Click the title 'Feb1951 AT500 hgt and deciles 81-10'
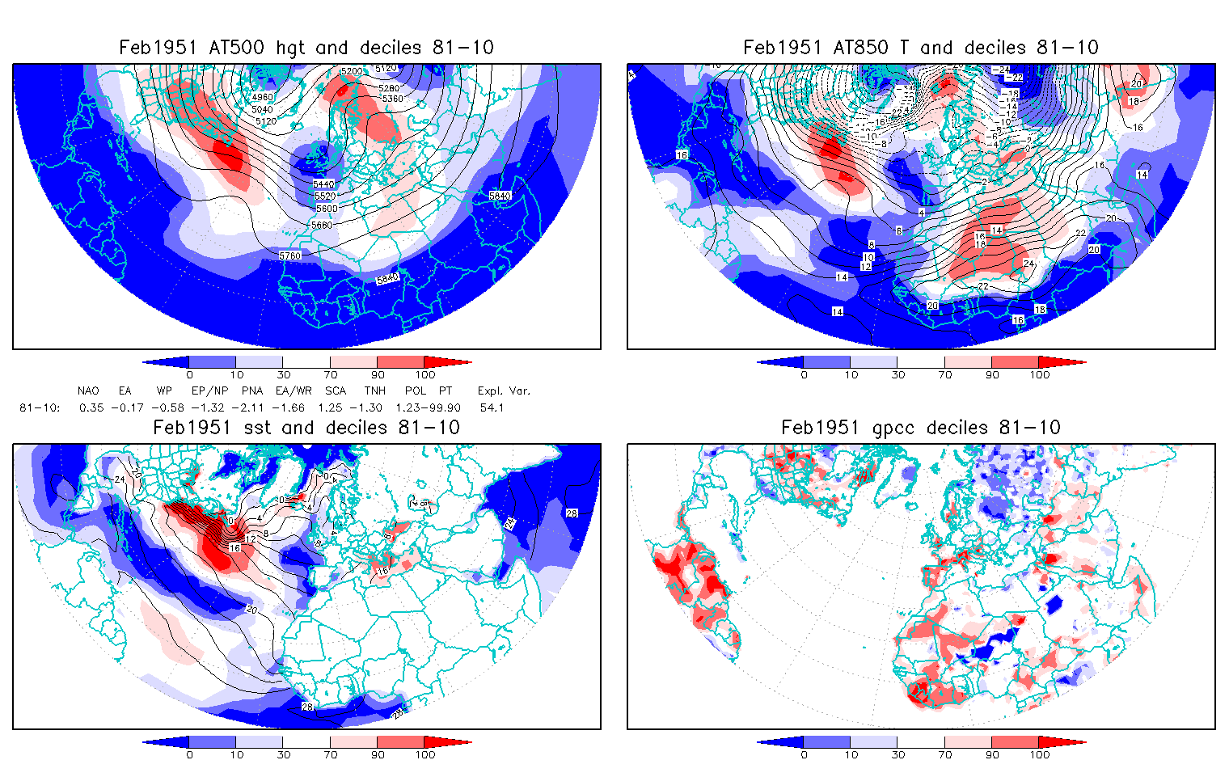pyautogui.click(x=306, y=48)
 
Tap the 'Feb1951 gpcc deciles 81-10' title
pyautogui.click(x=921, y=428)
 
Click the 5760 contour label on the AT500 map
pyautogui.click(x=289, y=255)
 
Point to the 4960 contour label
pyautogui.click(x=262, y=97)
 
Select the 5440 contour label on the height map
pyautogui.click(x=323, y=184)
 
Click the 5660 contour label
pyautogui.click(x=321, y=225)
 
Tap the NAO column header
pyautogui.click(x=88, y=391)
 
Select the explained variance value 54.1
pyautogui.click(x=492, y=408)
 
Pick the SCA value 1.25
pyautogui.click(x=330, y=408)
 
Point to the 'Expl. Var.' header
pyautogui.click(x=504, y=391)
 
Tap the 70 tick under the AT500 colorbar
pyautogui.click(x=330, y=375)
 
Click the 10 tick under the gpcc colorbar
pyautogui.click(x=851, y=755)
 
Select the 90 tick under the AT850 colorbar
pyautogui.click(x=992, y=375)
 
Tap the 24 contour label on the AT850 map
pyautogui.click(x=1029, y=264)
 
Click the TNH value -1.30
pyautogui.click(x=373, y=408)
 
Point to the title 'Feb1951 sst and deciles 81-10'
pyautogui.click(x=306, y=428)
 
